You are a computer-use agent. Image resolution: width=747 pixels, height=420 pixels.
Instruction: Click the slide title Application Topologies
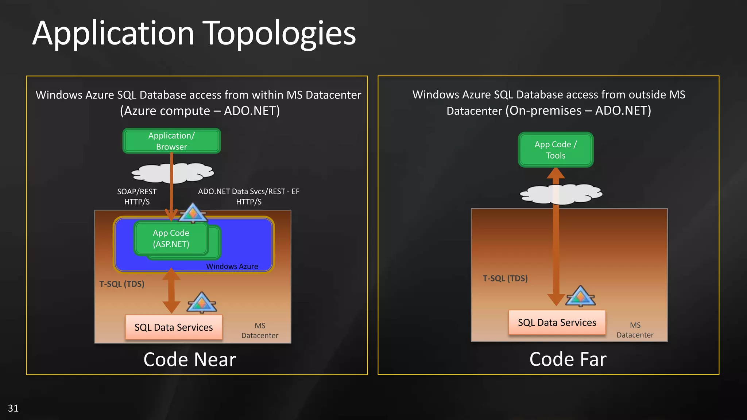(194, 34)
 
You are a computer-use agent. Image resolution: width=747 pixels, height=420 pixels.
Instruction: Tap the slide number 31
(13, 408)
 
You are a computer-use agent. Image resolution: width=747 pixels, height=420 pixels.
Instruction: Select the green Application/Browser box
(171, 141)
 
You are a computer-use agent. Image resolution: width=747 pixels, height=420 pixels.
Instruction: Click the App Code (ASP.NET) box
(171, 238)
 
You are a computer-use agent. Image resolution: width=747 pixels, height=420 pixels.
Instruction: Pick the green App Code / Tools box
(556, 150)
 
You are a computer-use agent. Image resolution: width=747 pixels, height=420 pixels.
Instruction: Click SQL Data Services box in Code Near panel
(174, 327)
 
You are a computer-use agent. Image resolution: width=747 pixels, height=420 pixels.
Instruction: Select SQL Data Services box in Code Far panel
(557, 323)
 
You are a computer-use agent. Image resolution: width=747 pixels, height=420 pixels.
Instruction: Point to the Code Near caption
(190, 359)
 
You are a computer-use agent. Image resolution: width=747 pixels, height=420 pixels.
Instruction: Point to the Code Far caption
(568, 359)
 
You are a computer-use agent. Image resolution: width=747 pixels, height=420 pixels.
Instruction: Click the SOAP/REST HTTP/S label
(137, 197)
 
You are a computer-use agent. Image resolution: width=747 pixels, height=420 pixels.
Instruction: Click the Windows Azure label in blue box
(232, 267)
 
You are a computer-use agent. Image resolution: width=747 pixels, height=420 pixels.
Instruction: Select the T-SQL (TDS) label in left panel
(122, 284)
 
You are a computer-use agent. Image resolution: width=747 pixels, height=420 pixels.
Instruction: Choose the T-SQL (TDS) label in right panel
(505, 279)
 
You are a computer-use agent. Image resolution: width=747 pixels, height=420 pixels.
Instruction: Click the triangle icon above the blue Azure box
(193, 213)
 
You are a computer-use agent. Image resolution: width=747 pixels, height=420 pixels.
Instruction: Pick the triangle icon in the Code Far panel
(580, 296)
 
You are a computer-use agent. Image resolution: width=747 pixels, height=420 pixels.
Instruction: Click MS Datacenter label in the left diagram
(260, 331)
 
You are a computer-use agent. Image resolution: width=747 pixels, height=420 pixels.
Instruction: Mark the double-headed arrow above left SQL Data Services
(171, 291)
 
